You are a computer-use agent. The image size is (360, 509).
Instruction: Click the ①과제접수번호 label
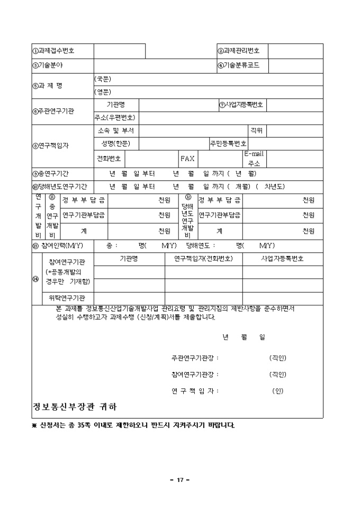coord(53,51)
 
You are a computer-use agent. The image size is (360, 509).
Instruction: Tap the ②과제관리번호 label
coord(239,51)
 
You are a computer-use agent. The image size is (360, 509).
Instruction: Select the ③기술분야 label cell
coord(48,65)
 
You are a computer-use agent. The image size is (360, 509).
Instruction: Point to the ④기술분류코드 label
coord(239,66)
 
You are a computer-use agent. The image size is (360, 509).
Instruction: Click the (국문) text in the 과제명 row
coord(103,79)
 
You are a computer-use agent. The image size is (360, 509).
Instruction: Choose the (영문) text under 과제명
coord(103,92)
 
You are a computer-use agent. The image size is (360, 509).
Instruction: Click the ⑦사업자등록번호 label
coord(241,104)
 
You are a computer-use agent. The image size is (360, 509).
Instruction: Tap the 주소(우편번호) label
coord(115,117)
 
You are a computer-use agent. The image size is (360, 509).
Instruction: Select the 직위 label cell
coord(256,130)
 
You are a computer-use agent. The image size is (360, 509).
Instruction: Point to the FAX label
coord(187,158)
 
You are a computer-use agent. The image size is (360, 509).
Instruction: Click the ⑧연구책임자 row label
coord(51,146)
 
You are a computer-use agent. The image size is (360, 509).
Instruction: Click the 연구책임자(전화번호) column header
coord(203,259)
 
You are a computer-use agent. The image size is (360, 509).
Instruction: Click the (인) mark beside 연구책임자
coord(278,391)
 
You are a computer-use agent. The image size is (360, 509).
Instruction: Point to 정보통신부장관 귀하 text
coord(75,407)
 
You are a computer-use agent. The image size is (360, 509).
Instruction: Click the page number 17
coord(180,480)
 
